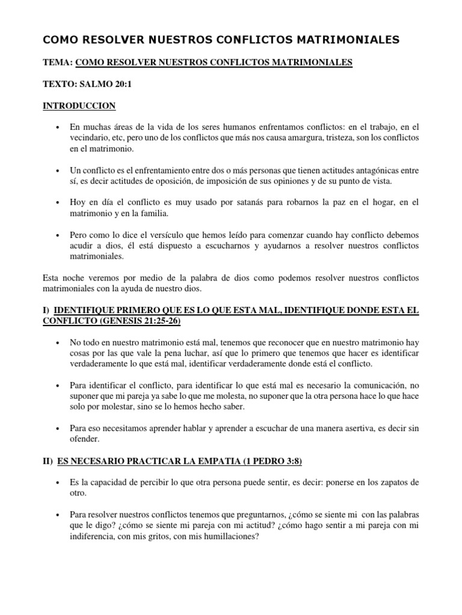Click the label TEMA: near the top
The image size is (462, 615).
coord(58,62)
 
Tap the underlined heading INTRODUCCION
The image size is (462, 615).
coord(79,106)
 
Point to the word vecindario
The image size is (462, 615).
coord(91,138)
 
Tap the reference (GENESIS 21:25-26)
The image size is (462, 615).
coord(138,321)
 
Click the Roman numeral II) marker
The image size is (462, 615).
coord(48,461)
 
